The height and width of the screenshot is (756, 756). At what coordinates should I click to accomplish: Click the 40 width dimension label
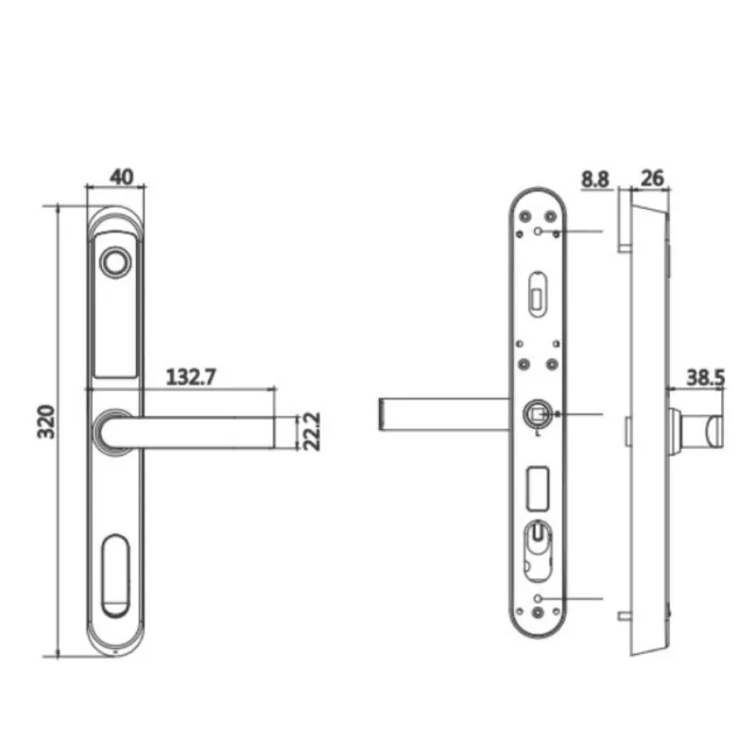coord(121,176)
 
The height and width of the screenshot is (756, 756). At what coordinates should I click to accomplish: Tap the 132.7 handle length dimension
coord(192,377)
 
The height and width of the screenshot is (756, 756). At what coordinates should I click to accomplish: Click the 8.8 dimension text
coord(595,177)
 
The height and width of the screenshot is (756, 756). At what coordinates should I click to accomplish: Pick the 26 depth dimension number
coord(652,177)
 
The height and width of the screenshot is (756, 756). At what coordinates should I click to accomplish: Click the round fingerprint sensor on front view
coord(115,264)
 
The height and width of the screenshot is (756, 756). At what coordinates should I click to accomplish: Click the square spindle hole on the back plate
coord(537,414)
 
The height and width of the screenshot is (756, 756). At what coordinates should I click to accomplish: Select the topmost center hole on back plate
coord(538,231)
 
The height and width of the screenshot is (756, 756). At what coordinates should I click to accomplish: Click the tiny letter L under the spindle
coord(537,435)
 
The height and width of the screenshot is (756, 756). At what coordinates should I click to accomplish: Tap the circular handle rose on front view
coord(114,431)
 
